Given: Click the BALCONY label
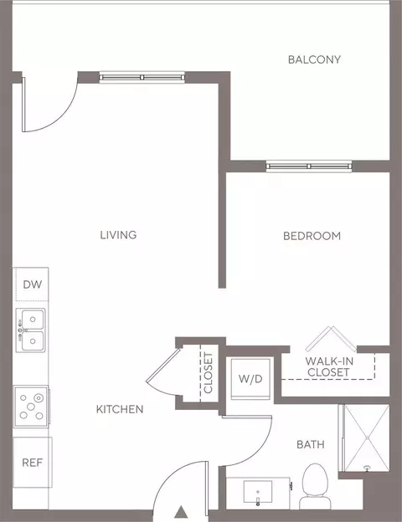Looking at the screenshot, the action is click(314, 59).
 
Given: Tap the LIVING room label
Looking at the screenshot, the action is click(118, 235).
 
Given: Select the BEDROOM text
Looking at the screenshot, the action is click(312, 236).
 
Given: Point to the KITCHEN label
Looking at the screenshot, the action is click(120, 409).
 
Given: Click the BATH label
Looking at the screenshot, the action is click(311, 444).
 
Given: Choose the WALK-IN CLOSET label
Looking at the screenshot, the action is click(329, 366).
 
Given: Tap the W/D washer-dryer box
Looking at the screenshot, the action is click(250, 379).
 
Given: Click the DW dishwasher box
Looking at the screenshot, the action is click(31, 284).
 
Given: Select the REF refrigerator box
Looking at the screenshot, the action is click(33, 463).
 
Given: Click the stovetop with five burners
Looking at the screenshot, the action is click(31, 407).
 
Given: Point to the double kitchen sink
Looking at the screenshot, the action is click(31, 330).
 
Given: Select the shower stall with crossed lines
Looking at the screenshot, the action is click(364, 438).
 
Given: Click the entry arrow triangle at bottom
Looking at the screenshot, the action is click(181, 512).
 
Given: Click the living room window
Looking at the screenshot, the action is click(142, 78).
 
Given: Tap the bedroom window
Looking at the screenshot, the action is click(309, 166).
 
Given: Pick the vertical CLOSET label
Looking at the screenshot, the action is click(208, 373).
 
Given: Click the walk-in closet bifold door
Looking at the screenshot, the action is click(331, 338).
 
